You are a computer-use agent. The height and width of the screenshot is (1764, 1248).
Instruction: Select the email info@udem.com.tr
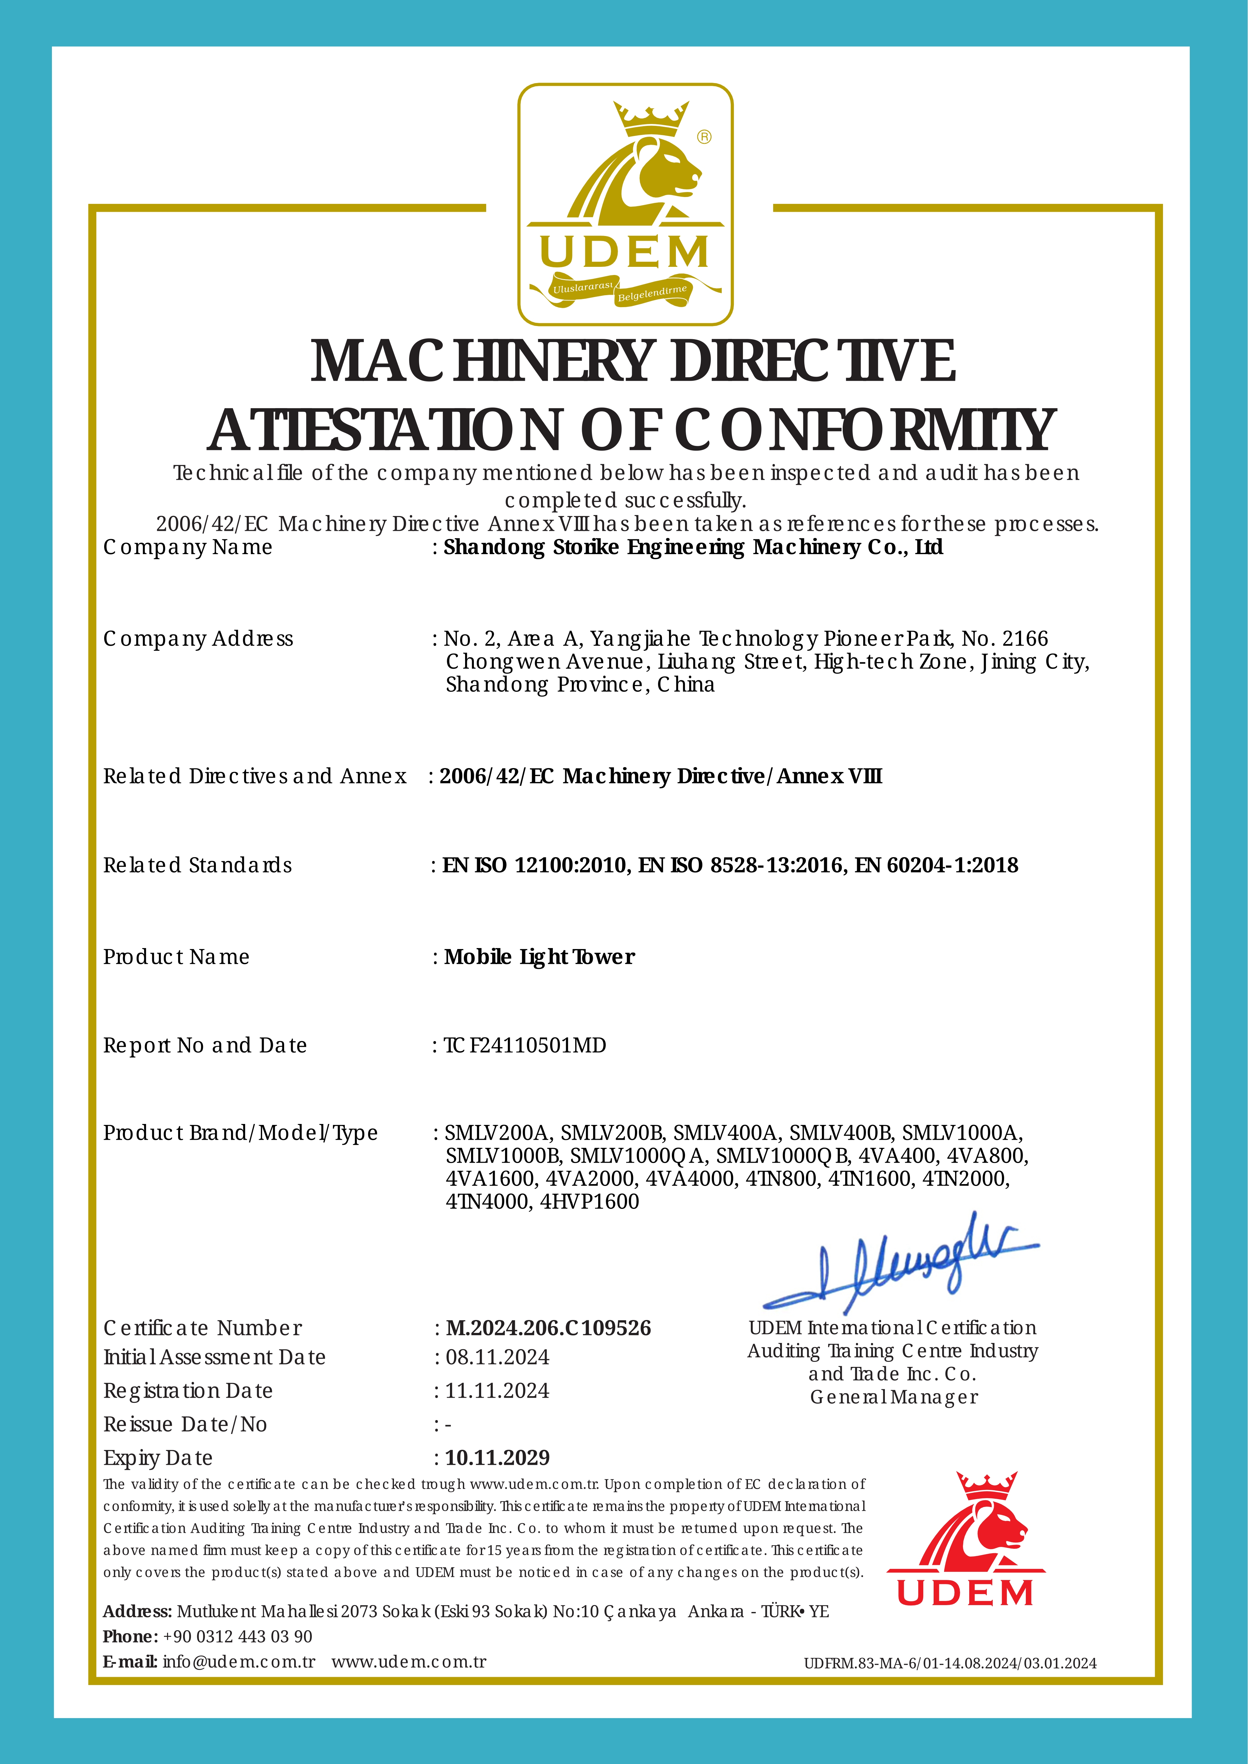click(x=239, y=1662)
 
